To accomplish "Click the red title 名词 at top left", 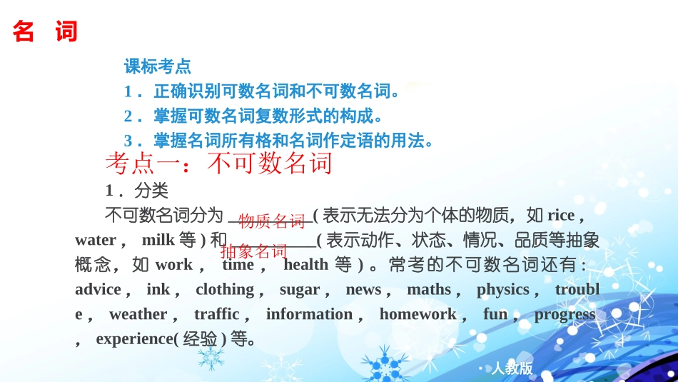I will [x=45, y=32].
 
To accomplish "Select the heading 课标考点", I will [x=158, y=67].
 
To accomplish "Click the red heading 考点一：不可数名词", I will [x=219, y=164].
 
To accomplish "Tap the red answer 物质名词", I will [x=272, y=221].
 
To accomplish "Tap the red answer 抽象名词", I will [x=254, y=251].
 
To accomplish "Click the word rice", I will [x=560, y=215].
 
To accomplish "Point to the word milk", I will [x=158, y=240].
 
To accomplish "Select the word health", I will [x=305, y=265].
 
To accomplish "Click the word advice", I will [x=98, y=289].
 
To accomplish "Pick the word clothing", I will [x=225, y=289].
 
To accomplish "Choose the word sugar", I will [x=300, y=289].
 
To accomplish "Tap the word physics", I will [x=502, y=289].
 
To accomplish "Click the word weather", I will [x=138, y=314].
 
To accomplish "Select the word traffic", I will [x=217, y=314].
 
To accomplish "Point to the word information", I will [x=310, y=314].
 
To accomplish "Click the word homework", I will [x=418, y=314].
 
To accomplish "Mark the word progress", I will [x=565, y=314].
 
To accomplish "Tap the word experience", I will [x=135, y=339].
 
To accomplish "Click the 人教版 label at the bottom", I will [x=512, y=368].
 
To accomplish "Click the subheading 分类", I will [x=151, y=191].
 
